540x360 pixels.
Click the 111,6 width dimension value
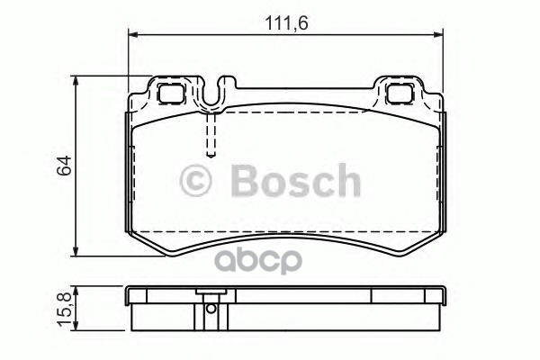point(286,23)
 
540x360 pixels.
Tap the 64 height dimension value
point(65,166)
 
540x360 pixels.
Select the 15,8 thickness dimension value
point(64,310)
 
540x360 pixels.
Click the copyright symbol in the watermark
point(195,181)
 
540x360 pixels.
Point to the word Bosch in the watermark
point(296,180)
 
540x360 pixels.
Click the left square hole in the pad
point(170,94)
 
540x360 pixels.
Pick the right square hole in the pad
point(400,94)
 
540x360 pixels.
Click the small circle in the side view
point(211,309)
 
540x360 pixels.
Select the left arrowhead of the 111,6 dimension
point(133,34)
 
